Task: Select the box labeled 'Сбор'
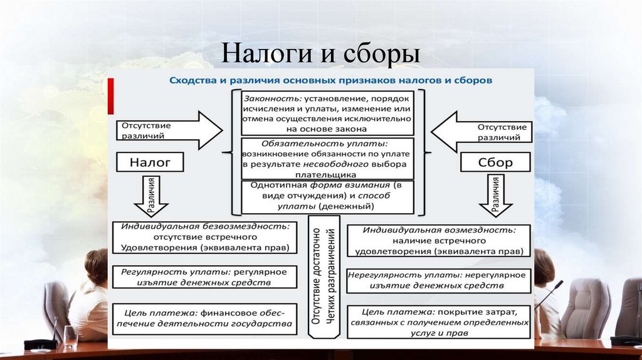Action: click(x=496, y=163)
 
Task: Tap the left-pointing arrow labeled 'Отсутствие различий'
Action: click(x=481, y=130)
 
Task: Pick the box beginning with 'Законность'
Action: click(x=327, y=114)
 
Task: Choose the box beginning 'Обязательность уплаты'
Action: click(x=327, y=159)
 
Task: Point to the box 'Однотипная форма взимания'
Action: click(x=327, y=196)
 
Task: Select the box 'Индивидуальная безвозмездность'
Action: click(x=204, y=237)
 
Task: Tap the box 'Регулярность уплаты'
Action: click(x=204, y=277)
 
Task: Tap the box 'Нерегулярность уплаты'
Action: click(x=438, y=280)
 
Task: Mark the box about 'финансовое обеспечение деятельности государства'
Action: click(x=204, y=318)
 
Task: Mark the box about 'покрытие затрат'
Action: click(x=438, y=321)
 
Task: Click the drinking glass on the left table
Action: click(x=70, y=337)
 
